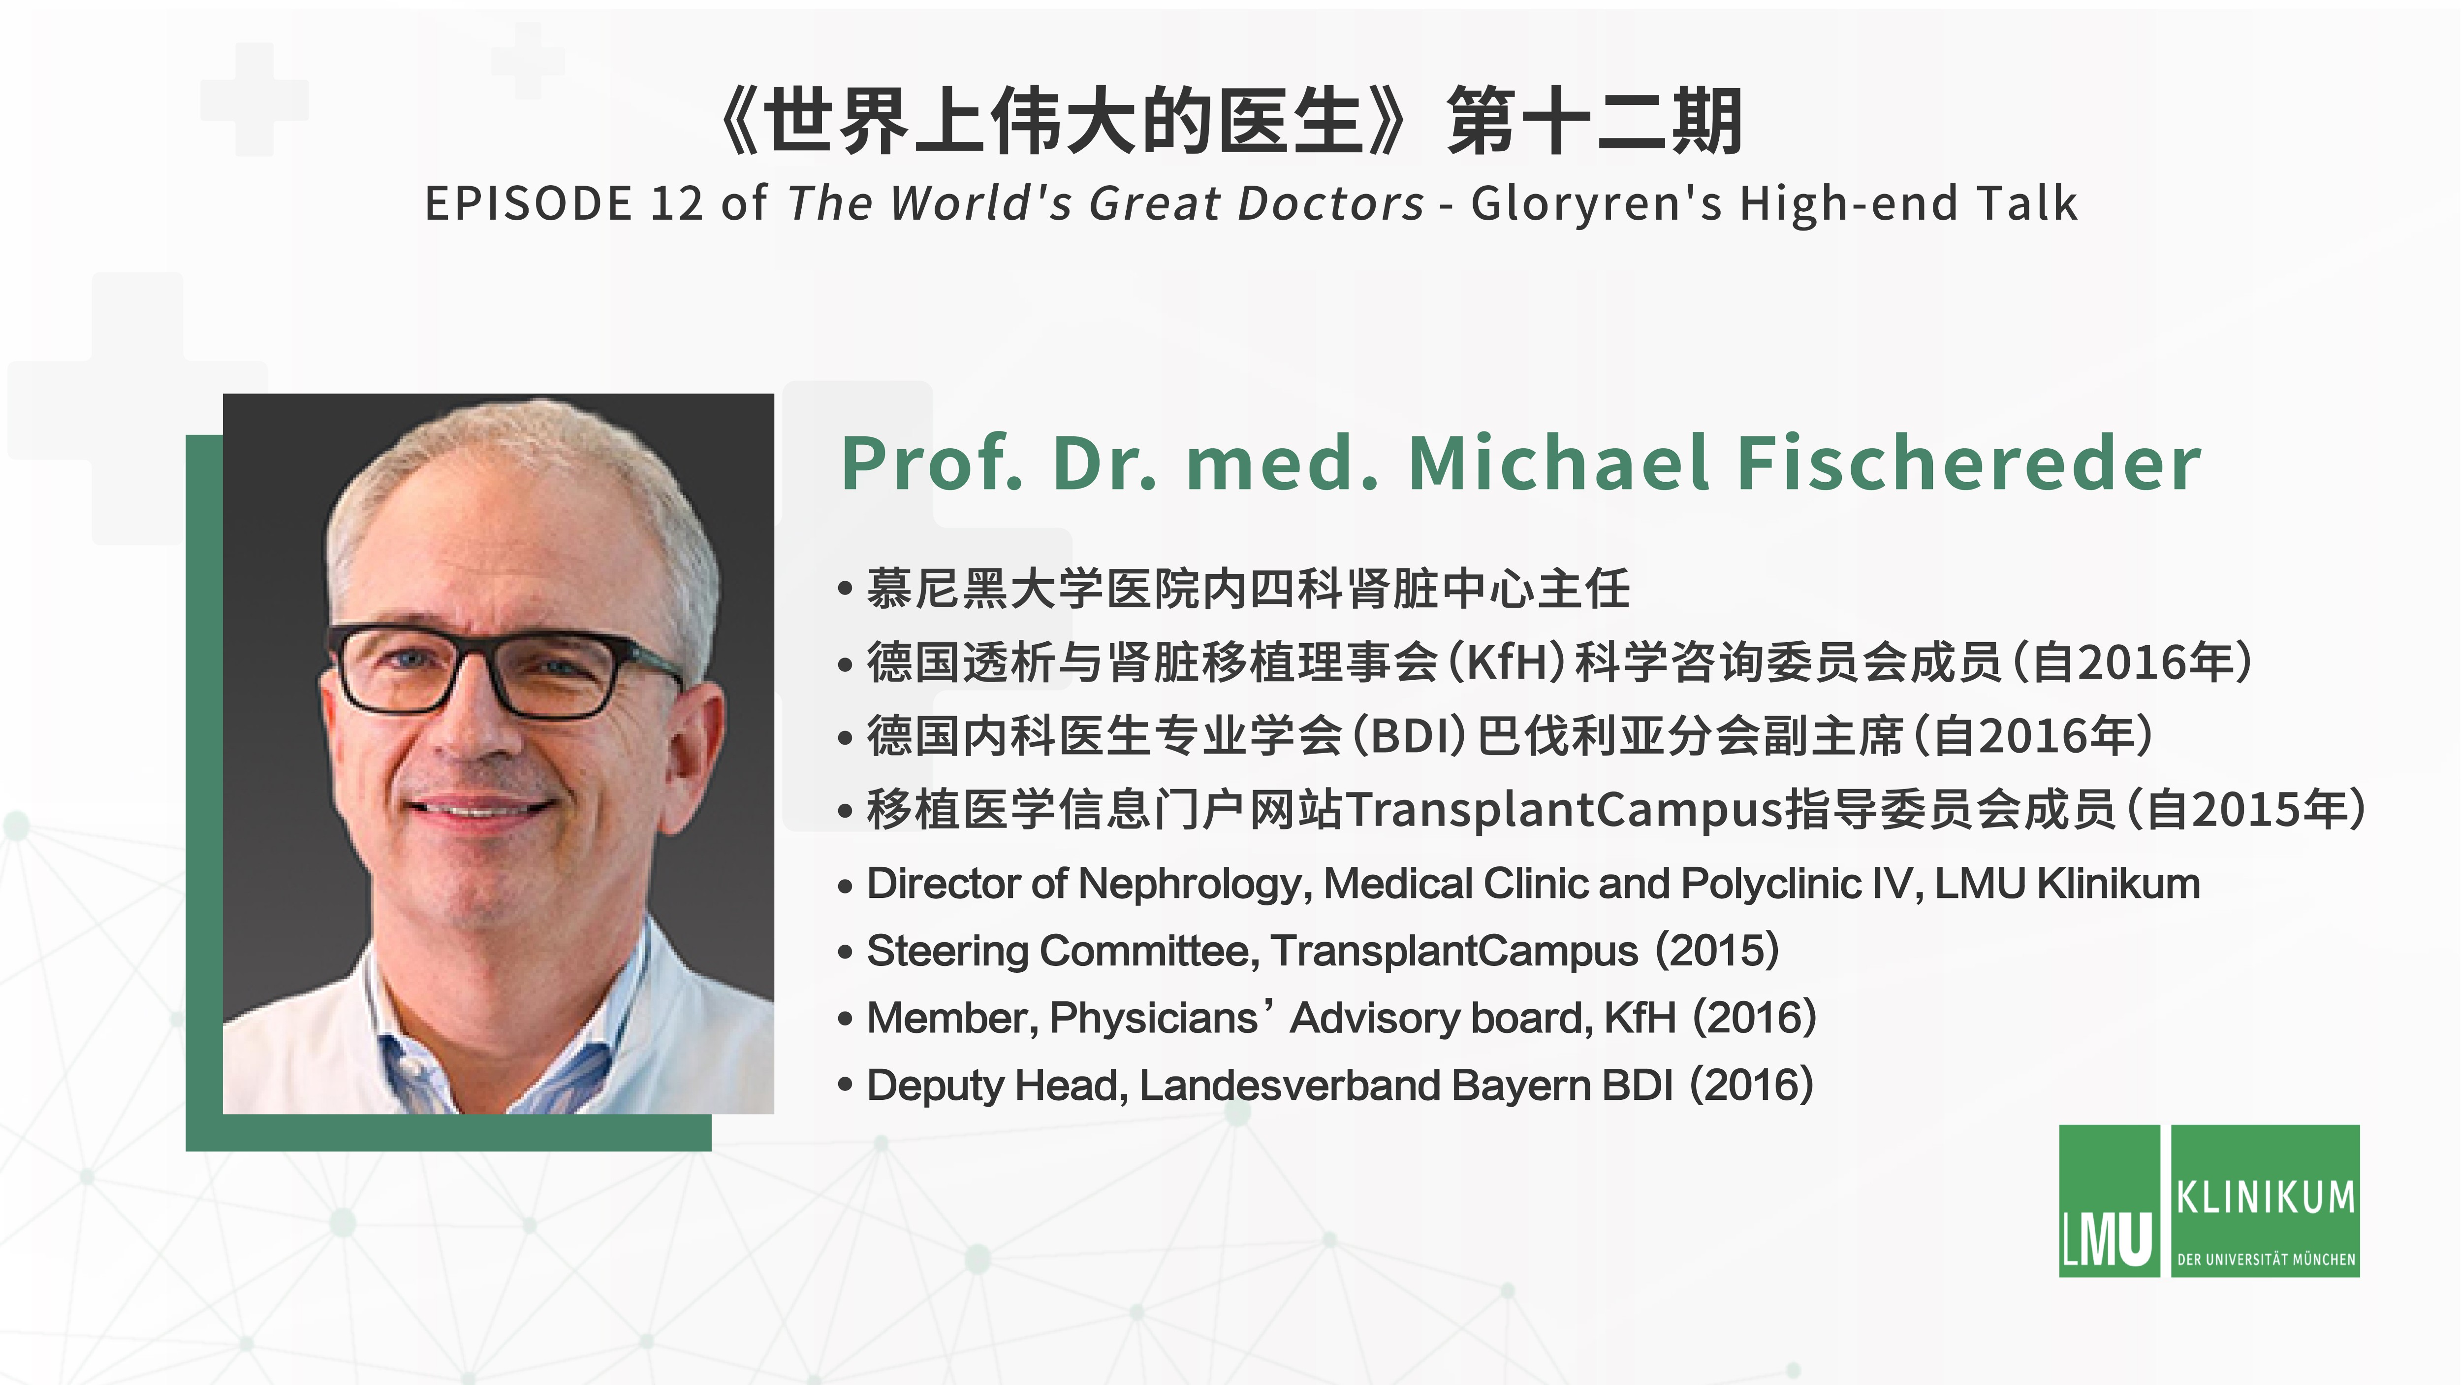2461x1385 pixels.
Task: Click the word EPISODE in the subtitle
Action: pyautogui.click(x=528, y=203)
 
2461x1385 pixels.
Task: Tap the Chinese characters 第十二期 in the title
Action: pyautogui.click(x=1595, y=121)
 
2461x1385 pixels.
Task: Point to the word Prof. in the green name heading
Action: pyautogui.click(x=931, y=463)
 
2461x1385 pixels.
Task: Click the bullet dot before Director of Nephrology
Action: pyautogui.click(x=845, y=887)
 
